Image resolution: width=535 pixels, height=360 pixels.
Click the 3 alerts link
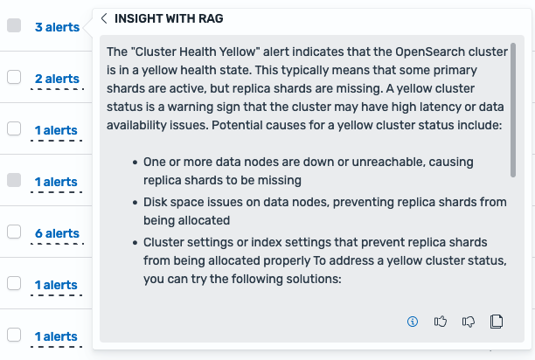click(x=57, y=27)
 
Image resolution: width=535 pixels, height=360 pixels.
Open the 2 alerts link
click(x=57, y=79)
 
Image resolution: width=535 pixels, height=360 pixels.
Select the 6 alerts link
click(x=57, y=233)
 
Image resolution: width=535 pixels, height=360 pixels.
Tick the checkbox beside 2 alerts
click(x=14, y=78)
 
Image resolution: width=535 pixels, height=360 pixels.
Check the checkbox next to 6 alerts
click(x=14, y=232)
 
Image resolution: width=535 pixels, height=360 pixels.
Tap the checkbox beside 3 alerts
click(x=14, y=26)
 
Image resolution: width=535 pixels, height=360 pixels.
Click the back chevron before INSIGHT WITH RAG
click(x=104, y=18)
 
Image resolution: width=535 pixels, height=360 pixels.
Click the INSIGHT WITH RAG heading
click(x=168, y=18)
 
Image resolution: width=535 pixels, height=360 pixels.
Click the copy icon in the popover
click(x=497, y=322)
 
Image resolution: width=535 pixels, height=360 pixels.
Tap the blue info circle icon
click(x=413, y=322)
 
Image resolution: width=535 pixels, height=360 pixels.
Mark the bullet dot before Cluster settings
click(x=135, y=242)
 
